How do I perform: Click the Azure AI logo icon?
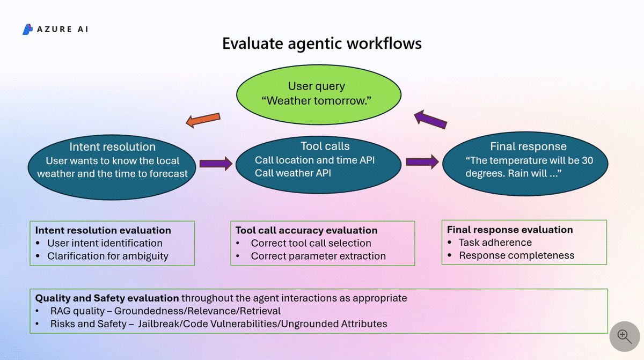pos(28,30)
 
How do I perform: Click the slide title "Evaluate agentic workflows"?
pos(322,43)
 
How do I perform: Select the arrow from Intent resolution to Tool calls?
pos(216,163)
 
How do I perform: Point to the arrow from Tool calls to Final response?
pos(422,161)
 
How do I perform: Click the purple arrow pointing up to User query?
pos(431,119)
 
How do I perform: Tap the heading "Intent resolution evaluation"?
pos(103,230)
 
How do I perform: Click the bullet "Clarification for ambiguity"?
pos(107,256)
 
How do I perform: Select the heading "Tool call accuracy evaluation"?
pos(306,230)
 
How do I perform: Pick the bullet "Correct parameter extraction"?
pos(318,256)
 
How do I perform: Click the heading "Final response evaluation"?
pos(510,230)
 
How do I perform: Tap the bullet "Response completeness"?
pos(516,255)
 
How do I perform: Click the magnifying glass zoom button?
pos(624,336)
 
